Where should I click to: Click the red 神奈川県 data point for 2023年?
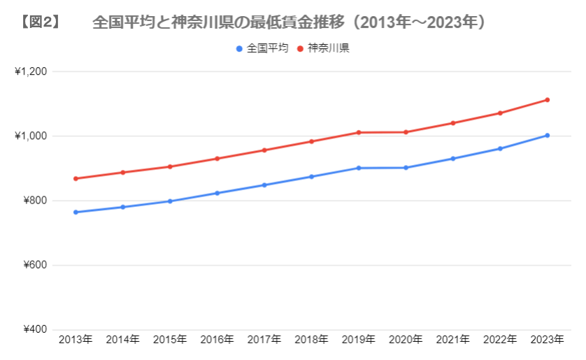[548, 100]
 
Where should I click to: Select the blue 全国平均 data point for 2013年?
[76, 212]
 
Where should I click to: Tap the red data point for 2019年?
[359, 132]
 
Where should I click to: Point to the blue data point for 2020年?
[406, 168]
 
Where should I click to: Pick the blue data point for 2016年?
[217, 193]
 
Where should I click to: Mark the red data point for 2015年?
[170, 166]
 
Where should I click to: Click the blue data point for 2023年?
[548, 136]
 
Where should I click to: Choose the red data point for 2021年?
[453, 123]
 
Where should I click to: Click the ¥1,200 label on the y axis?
[30, 71]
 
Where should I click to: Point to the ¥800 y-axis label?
[34, 201]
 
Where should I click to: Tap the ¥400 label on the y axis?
[34, 329]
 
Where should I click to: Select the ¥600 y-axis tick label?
[34, 265]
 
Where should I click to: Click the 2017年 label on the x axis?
[264, 340]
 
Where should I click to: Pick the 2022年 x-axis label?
[500, 340]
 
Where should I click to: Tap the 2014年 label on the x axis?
[122, 340]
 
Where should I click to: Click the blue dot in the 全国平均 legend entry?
[240, 49]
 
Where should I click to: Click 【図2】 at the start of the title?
[40, 22]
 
